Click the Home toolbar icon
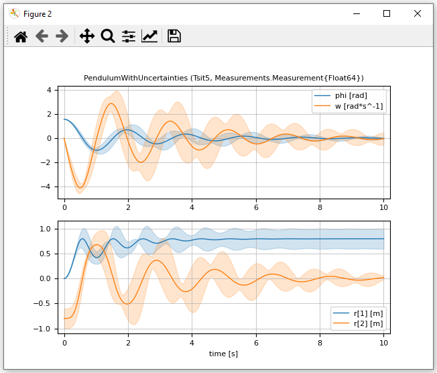21,36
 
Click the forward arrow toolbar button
62,36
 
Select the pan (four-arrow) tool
86,36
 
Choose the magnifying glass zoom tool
107,36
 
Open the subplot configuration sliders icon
129,36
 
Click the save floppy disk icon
174,36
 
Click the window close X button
418,13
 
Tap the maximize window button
387,13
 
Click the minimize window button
356,13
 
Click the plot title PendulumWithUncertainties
224,78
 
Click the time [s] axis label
223,354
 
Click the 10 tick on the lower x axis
383,342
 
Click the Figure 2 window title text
38,13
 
